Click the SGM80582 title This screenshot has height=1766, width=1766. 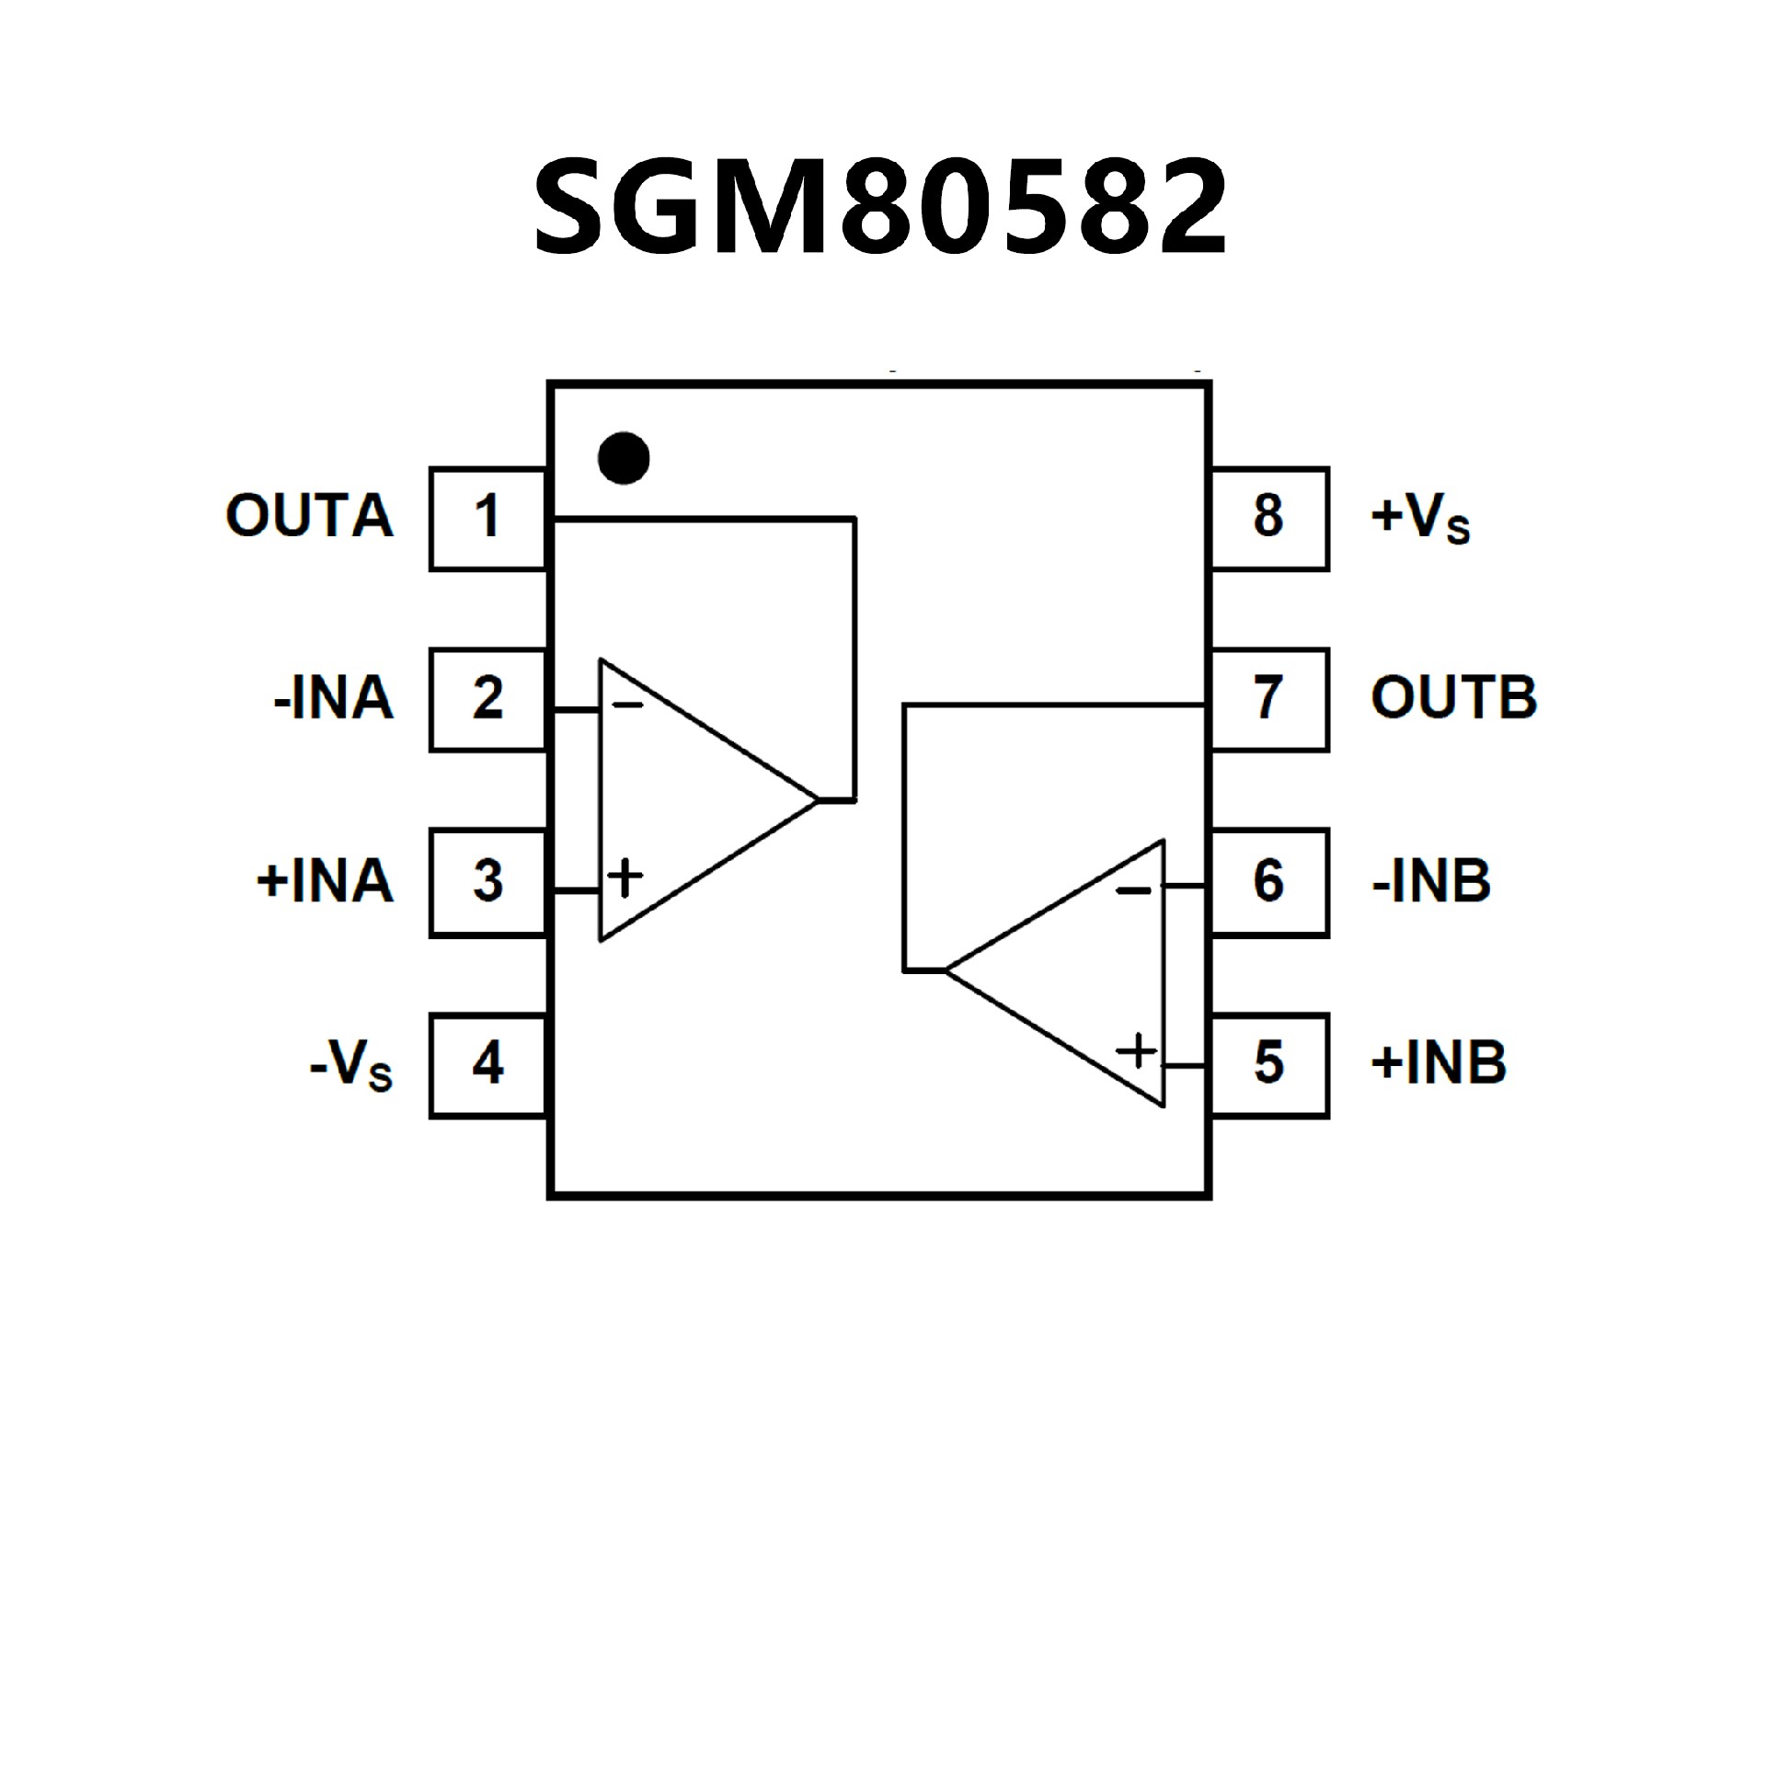[880, 206]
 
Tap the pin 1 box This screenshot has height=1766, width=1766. [487, 518]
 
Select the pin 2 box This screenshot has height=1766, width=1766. [487, 699]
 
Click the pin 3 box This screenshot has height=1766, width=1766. [487, 881]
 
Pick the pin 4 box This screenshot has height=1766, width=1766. [487, 1064]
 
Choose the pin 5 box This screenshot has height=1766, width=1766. [1269, 1064]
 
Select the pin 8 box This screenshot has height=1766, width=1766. [1269, 518]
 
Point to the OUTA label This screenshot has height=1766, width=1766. [309, 516]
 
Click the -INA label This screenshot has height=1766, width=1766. [333, 699]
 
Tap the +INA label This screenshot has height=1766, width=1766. [325, 881]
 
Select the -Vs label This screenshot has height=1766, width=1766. [351, 1067]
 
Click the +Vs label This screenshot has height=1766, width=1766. [1420, 518]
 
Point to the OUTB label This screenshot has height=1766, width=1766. [1453, 698]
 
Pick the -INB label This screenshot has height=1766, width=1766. [1431, 881]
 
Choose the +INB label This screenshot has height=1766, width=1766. [1439, 1063]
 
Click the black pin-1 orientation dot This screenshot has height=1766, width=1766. [624, 457]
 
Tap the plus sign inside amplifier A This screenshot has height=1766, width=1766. [625, 877]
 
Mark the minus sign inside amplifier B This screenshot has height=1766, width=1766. [1133, 890]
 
